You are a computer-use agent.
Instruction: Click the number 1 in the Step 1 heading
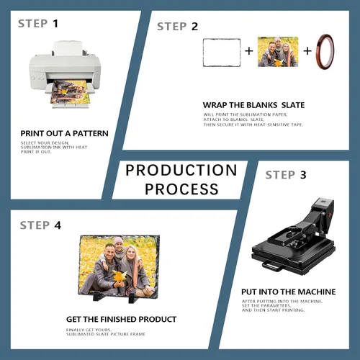pos(55,24)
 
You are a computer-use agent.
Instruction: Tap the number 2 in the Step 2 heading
pos(194,27)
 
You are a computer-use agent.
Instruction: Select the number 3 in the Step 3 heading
pos(303,175)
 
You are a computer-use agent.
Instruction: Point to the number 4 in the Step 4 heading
pos(58,225)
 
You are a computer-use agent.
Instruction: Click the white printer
pos(66,74)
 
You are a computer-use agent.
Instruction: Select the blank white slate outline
pos(222,53)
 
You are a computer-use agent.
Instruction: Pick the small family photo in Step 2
pos(278,52)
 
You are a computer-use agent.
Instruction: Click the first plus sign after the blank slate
pos(249,51)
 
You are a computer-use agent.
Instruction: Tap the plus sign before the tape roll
pos(307,51)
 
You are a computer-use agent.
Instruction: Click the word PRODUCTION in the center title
pos(181,170)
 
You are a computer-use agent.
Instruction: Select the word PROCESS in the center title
pos(181,189)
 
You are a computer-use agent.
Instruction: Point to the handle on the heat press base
pos(273,266)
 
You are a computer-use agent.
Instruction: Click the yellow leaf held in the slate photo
pos(120,276)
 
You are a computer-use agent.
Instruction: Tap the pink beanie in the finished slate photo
pos(118,240)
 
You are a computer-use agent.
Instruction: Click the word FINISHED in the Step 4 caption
pos(119,320)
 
